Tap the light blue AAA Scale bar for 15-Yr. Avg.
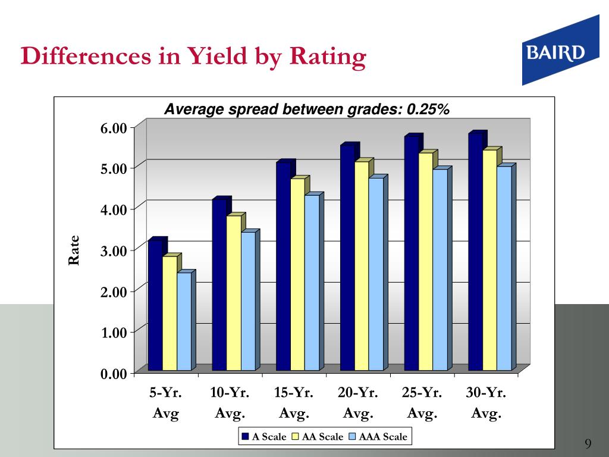[312, 283]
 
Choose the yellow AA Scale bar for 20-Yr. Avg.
[362, 266]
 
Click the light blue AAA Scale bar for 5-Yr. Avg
[184, 321]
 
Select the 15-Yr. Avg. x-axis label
[293, 403]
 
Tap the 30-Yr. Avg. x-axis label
[486, 403]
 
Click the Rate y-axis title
[74, 251]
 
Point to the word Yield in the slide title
[219, 57]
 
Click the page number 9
[588, 443]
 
